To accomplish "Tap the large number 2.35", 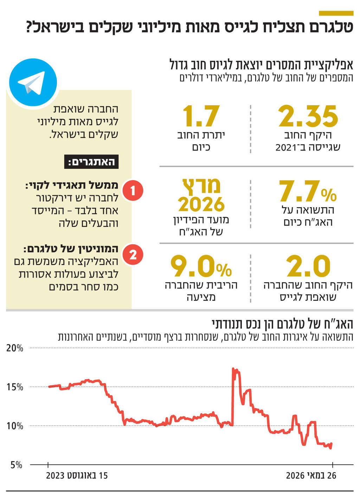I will coord(308,116).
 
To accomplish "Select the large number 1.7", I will coord(201,116).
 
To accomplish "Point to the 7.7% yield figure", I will coord(307,192).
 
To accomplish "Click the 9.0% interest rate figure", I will coord(201,267).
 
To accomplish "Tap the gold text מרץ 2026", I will coord(201,196).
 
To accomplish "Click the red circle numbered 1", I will coord(133,191).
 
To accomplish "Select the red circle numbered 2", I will coord(133,254).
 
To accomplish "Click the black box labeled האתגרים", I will coord(91,162).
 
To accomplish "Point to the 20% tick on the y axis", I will coord(15,348).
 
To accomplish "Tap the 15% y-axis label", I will coord(15,387).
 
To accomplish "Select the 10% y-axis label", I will coord(15,426).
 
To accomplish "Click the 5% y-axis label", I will coord(16,465).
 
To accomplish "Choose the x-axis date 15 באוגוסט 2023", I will coord(77,476).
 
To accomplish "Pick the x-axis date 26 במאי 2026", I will coord(311,476).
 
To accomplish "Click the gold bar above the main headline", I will coord(336,13).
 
